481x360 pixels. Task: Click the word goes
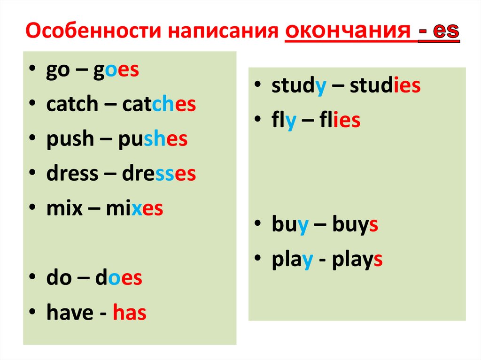[x=116, y=70]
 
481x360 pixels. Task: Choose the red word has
[x=130, y=313]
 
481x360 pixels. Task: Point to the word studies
[x=385, y=86]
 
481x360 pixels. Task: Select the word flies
[x=338, y=121]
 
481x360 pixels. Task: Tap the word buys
[x=355, y=226]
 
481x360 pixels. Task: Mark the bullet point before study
[x=259, y=87]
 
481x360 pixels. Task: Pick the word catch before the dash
[x=71, y=105]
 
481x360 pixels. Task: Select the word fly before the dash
[x=284, y=121]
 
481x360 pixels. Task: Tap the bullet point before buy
[x=259, y=226]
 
